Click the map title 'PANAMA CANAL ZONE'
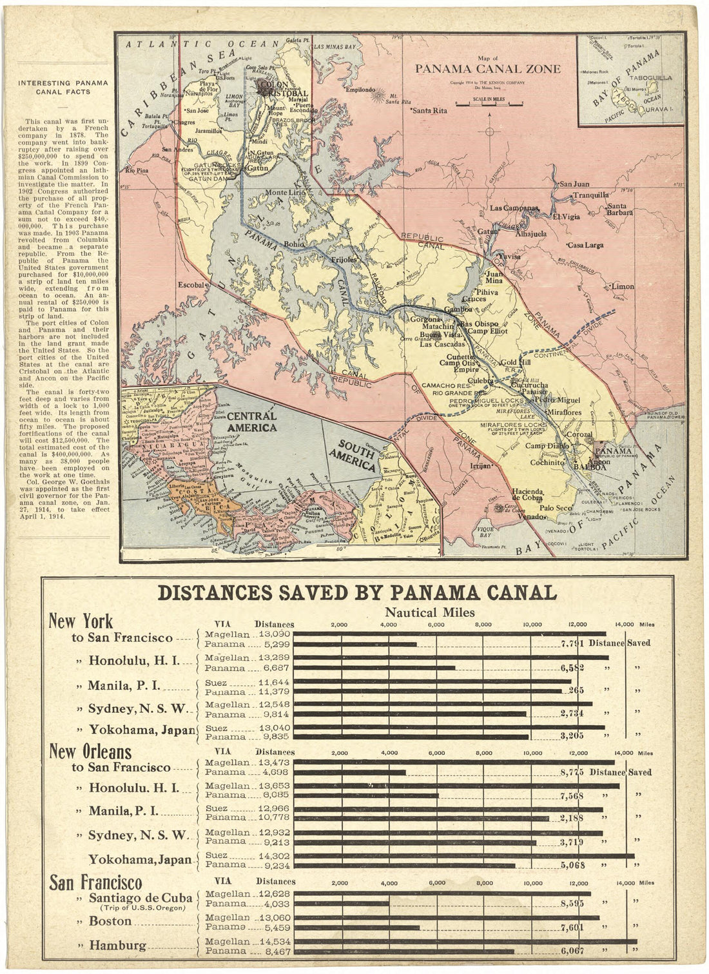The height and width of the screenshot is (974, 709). (x=487, y=70)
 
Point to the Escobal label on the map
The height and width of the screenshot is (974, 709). (x=191, y=284)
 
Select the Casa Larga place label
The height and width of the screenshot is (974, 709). (x=585, y=246)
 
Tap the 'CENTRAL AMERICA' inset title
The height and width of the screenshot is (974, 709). (x=252, y=421)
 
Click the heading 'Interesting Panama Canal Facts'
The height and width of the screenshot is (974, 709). (x=63, y=87)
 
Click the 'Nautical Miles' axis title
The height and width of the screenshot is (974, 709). (x=429, y=612)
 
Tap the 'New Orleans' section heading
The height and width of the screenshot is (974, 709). (x=90, y=752)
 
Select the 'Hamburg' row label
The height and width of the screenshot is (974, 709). (x=118, y=946)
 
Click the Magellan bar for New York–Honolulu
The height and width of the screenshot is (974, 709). (x=451, y=657)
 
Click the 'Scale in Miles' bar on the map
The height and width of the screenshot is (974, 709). (x=487, y=102)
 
